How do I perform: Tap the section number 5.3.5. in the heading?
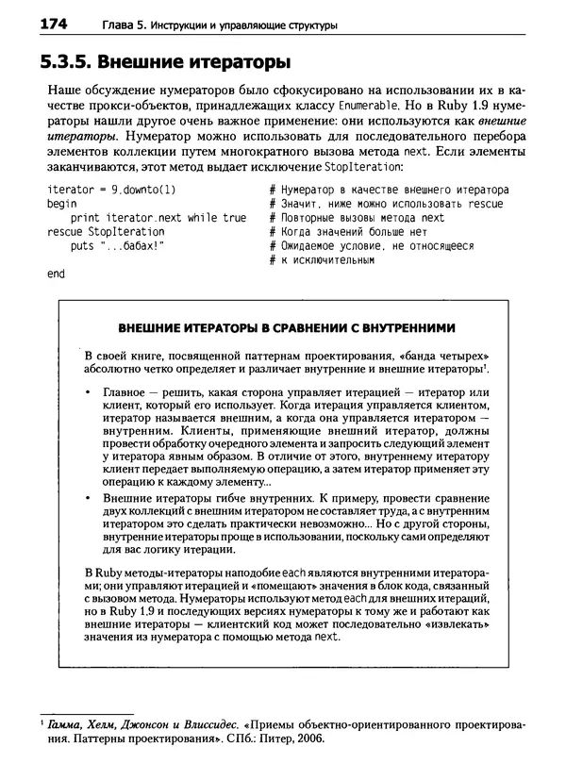coord(71,62)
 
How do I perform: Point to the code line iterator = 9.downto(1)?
coord(110,189)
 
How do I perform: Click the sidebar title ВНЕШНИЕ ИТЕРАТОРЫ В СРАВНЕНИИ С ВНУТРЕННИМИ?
coord(285,327)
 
